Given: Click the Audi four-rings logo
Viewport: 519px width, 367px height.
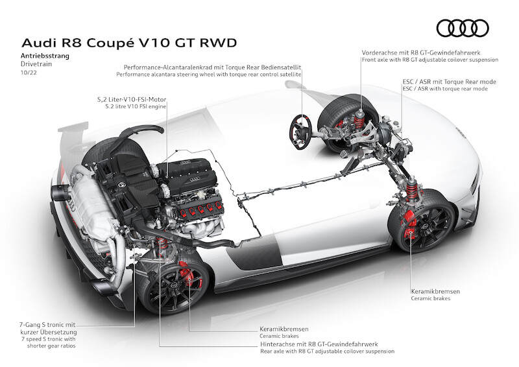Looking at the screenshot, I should point(462,28).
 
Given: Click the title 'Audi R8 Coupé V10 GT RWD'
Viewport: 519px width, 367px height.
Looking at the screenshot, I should point(130,43).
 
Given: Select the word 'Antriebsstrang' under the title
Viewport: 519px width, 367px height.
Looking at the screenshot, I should point(46,56).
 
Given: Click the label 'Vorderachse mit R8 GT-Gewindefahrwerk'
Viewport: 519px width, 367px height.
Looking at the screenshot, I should point(426,51).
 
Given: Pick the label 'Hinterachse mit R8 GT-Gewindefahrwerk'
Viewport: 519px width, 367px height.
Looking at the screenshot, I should point(320,344).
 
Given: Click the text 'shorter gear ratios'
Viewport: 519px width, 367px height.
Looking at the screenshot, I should point(51,345).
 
